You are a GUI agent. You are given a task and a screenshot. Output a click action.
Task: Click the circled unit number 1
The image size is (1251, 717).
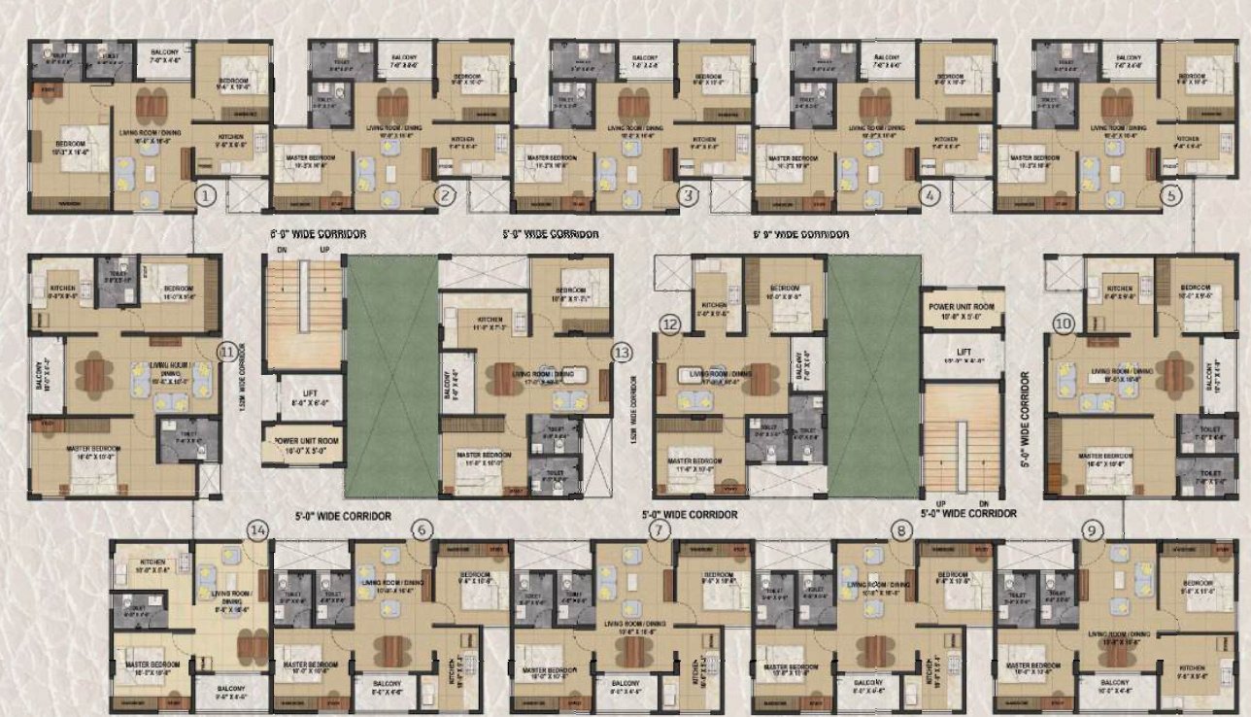coord(204,195)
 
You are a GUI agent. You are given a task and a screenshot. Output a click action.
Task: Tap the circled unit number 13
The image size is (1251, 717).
coord(623,353)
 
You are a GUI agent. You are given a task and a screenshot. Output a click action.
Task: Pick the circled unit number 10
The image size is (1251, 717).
coord(1063,324)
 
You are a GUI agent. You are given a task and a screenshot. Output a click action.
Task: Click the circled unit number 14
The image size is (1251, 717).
coord(257,529)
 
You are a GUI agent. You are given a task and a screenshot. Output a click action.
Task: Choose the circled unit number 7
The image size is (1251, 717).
coord(659,529)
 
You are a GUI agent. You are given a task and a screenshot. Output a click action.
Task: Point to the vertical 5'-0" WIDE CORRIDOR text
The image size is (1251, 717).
coord(1026,423)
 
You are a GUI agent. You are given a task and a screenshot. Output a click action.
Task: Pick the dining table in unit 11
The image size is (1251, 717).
coord(93,375)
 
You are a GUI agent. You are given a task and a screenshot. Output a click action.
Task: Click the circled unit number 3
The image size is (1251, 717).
coord(689,195)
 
